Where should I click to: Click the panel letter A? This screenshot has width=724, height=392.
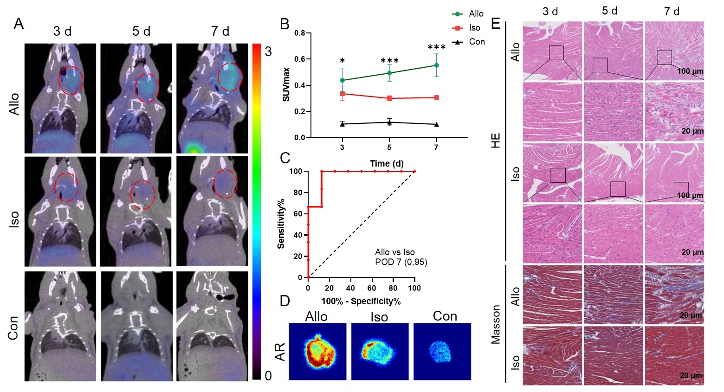(19, 24)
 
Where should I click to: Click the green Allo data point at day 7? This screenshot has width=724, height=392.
(436, 65)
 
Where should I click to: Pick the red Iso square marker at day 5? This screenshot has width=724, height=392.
(389, 98)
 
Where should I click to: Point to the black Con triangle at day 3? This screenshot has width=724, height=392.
(343, 124)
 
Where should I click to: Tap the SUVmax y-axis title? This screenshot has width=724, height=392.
(286, 85)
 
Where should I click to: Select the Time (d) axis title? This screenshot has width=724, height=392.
(387, 163)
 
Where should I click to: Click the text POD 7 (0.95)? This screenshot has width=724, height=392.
(401, 262)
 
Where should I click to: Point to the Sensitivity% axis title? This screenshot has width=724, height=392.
(281, 224)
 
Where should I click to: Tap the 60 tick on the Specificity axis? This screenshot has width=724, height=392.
(372, 288)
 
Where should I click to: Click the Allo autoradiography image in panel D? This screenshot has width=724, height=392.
(318, 352)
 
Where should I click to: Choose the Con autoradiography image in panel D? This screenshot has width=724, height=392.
(442, 352)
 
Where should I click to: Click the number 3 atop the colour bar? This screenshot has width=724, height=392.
(268, 51)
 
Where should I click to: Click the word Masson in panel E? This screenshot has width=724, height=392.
(496, 324)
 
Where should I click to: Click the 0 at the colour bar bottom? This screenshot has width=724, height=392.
(268, 376)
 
